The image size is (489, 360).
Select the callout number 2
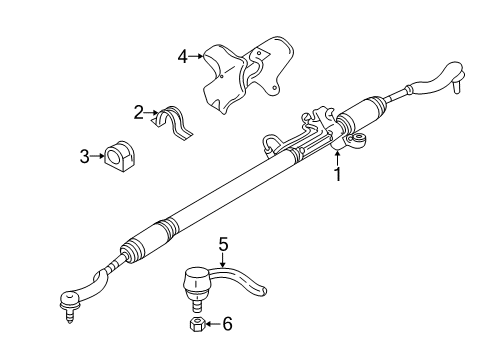(139, 112)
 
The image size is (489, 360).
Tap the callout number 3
(86, 155)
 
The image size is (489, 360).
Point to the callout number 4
(183, 58)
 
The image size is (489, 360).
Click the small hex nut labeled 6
(197, 326)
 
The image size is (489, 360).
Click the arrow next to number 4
(195, 58)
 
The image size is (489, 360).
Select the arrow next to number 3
(97, 155)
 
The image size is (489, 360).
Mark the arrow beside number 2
(151, 112)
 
